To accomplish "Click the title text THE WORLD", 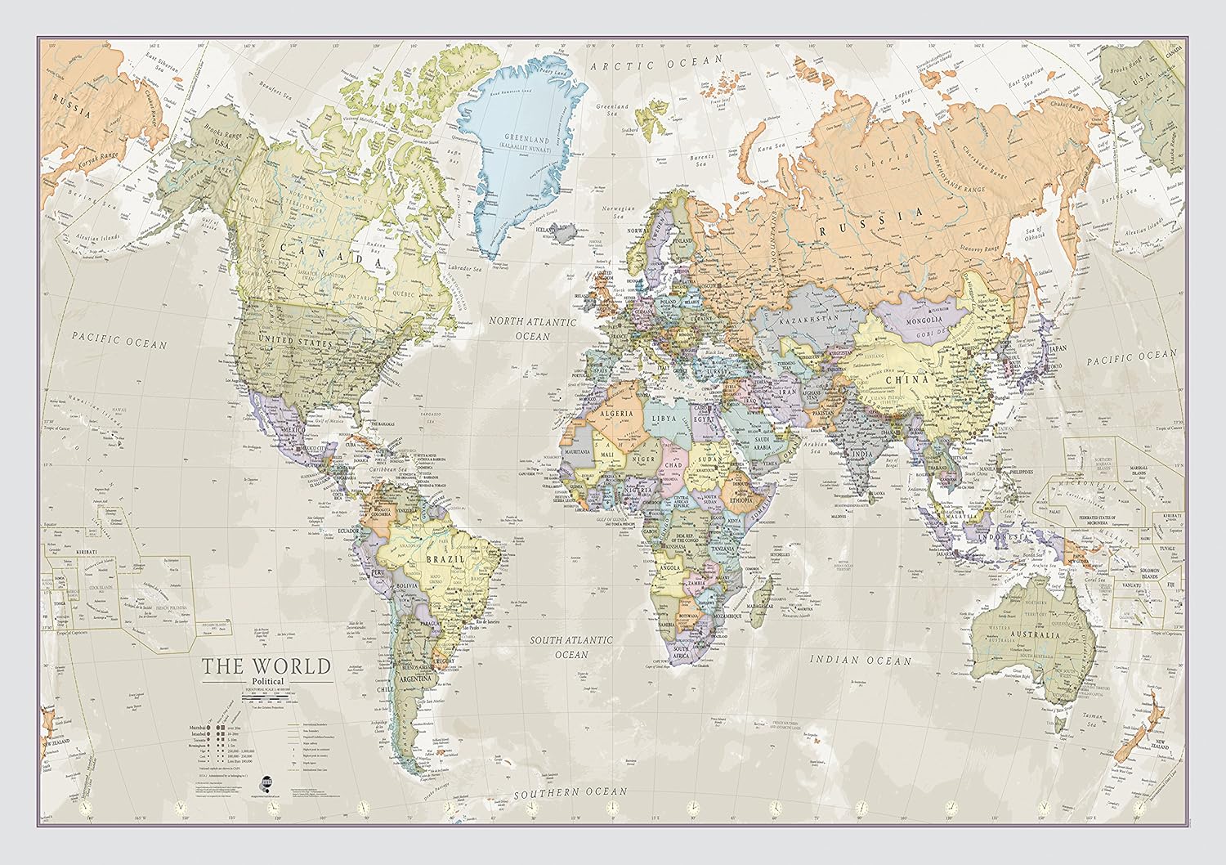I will [266, 666].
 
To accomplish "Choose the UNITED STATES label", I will [302, 338].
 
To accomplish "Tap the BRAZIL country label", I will [445, 559].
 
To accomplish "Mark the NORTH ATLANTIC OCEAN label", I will [532, 329].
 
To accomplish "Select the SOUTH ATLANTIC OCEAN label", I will [570, 647].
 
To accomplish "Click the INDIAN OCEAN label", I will [860, 659].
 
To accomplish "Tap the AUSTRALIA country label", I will [1036, 634].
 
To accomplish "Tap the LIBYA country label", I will [664, 418].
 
